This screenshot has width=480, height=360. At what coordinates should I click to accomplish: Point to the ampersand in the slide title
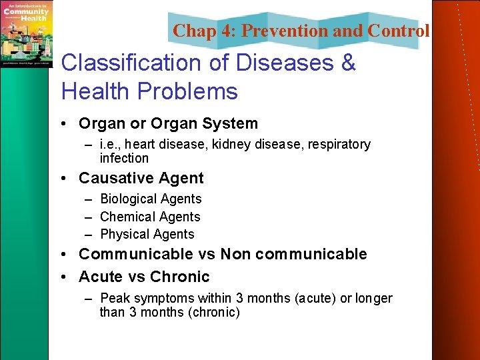tap(348, 63)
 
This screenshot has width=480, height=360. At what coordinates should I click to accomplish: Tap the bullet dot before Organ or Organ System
tap(67, 124)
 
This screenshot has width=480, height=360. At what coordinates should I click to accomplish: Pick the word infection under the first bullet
tap(124, 158)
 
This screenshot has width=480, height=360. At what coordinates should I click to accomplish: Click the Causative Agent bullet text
tap(141, 178)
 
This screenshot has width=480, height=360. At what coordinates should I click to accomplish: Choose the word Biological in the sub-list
tap(127, 199)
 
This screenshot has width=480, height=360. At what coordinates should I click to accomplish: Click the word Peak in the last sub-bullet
tap(113, 299)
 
